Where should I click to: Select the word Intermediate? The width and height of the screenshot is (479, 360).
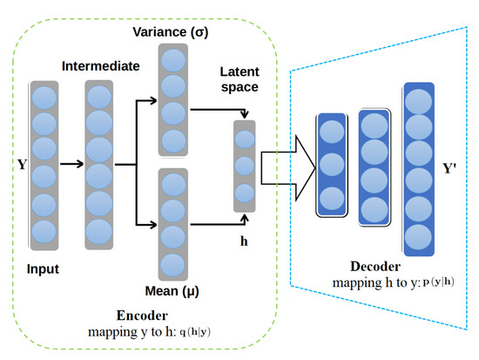pos(98,65)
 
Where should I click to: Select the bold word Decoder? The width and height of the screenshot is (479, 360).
pos(376,268)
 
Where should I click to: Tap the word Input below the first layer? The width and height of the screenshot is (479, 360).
pos(44,269)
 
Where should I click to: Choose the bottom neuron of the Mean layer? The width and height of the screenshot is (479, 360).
pos(172,264)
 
